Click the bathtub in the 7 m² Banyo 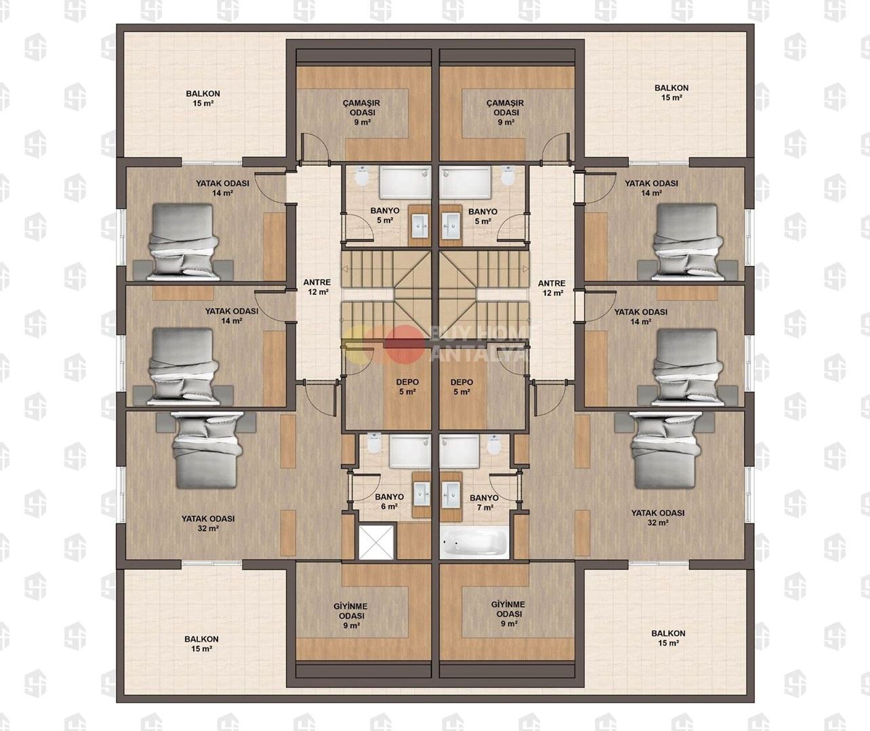coord(474,542)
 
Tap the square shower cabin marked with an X coord(376,542)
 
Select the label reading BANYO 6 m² coord(389,502)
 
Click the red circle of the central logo coord(404,342)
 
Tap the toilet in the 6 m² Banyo coord(375,443)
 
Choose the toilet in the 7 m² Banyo coord(494,444)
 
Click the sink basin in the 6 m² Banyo coord(421,494)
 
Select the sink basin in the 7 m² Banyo coord(450,494)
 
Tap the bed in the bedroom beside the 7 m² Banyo coord(665,449)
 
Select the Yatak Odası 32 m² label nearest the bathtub coord(657,517)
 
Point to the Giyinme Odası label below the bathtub coord(508,614)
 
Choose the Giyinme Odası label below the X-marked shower coord(351,615)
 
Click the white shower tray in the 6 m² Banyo coord(409,451)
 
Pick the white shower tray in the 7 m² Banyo coord(460,451)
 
